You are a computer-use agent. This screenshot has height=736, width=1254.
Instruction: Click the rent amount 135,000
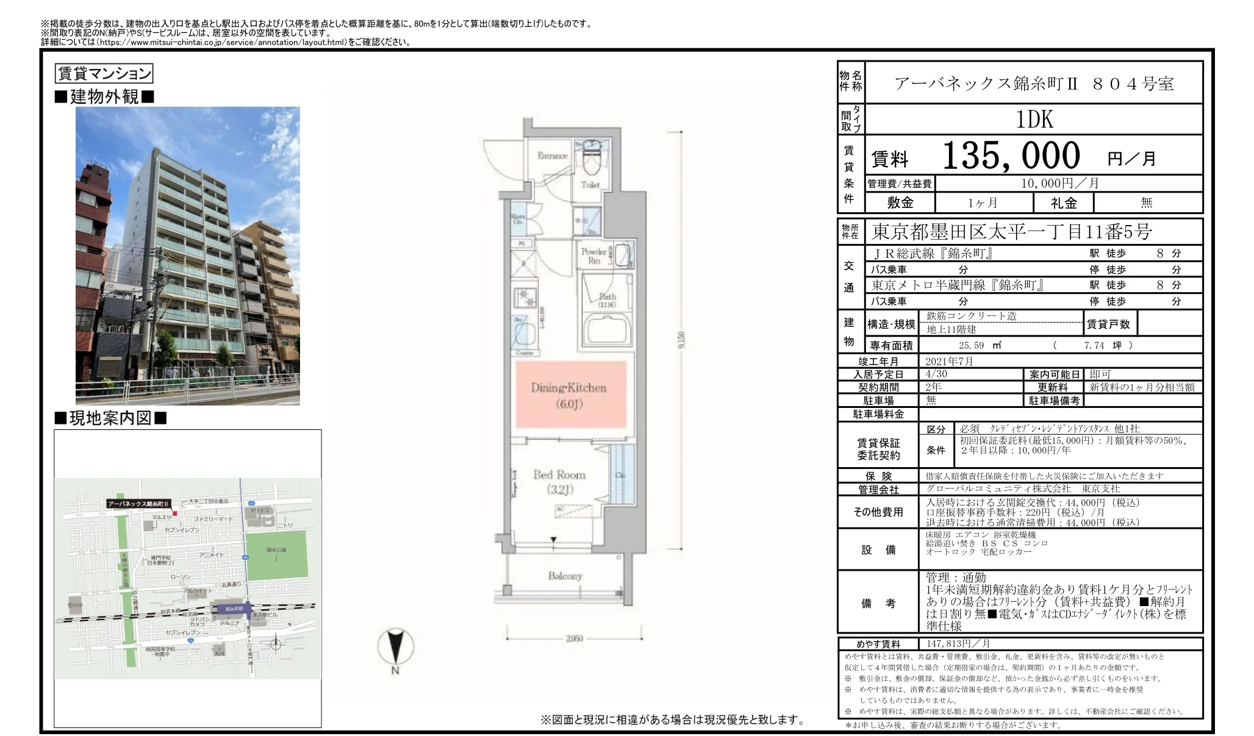(1011, 155)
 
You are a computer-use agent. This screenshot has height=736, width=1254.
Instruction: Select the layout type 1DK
(1034, 120)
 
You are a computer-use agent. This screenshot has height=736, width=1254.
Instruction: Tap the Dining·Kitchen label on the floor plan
(568, 388)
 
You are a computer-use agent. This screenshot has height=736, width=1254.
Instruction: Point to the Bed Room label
(559, 475)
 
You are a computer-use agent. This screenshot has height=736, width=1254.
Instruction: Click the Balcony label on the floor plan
(565, 576)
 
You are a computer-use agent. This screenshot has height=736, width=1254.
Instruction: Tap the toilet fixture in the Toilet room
(590, 159)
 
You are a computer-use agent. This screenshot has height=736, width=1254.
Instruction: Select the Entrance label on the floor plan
(552, 156)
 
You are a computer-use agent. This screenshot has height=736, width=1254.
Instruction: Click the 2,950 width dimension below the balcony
(573, 638)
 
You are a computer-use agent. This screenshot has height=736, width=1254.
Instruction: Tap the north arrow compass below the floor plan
(395, 648)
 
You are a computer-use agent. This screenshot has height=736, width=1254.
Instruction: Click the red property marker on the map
(174, 513)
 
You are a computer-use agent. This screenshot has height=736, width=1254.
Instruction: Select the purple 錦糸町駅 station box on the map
(234, 608)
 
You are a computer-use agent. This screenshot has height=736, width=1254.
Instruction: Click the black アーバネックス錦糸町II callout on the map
(138, 504)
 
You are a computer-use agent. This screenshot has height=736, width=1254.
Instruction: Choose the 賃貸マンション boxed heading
(104, 74)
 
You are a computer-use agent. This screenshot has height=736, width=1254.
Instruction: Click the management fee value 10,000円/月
(1059, 183)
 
